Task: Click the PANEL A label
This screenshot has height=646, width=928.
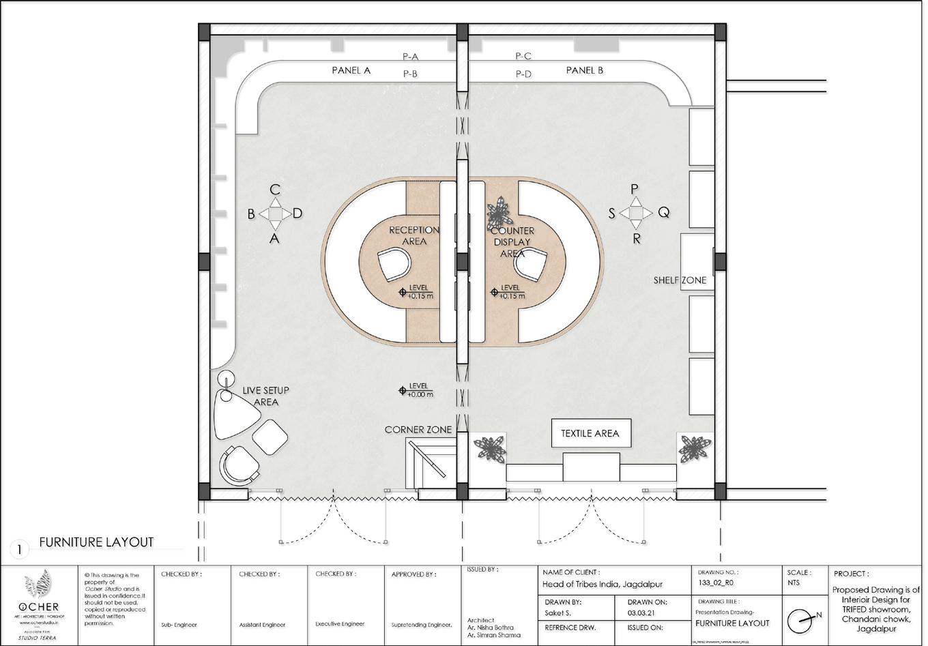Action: coord(351,70)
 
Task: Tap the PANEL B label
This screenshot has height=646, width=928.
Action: coord(584,70)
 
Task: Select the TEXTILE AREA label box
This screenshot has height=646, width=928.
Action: coord(590,433)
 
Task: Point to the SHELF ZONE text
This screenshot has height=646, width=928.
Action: coord(680,280)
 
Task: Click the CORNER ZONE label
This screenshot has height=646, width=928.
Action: coord(418,430)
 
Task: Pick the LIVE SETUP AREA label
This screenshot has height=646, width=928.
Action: coord(265,396)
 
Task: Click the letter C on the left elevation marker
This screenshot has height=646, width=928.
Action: coord(275,189)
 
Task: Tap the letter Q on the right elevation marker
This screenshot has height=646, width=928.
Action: coord(663,213)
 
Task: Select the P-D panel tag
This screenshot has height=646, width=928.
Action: coord(523,74)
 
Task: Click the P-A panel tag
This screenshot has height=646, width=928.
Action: coord(410,57)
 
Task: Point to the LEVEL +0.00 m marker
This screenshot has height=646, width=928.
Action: coord(417,390)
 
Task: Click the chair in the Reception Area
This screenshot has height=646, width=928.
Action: coord(394,264)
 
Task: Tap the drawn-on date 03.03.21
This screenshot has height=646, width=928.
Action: coord(641,613)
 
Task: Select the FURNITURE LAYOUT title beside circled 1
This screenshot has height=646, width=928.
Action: coord(96,542)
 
